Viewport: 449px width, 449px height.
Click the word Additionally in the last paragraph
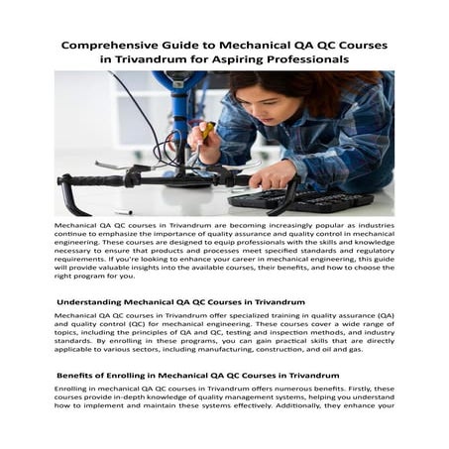[312, 401]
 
